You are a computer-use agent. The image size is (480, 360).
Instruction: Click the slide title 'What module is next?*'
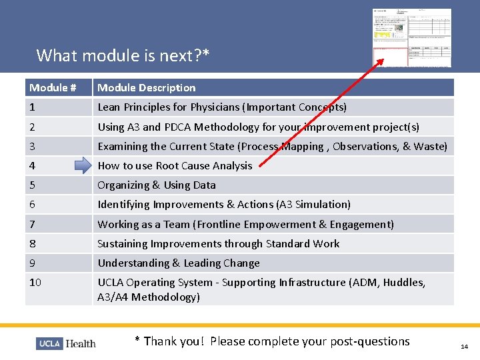pyautogui.click(x=123, y=55)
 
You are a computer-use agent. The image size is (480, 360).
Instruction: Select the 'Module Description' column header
pyautogui.click(x=147, y=87)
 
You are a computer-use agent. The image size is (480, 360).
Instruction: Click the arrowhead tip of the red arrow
pyautogui.click(x=382, y=61)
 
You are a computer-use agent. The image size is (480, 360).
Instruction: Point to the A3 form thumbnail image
pyautogui.click(x=411, y=38)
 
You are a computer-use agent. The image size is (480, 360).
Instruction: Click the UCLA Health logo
pyautogui.click(x=66, y=343)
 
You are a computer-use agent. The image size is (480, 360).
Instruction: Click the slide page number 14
pyautogui.click(x=464, y=347)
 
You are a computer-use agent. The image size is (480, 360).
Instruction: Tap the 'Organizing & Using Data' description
pyautogui.click(x=157, y=185)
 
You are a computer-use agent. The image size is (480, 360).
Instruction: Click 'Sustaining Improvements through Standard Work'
pyautogui.click(x=219, y=243)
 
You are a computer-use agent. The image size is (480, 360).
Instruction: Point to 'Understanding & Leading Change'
pyautogui.click(x=179, y=263)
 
